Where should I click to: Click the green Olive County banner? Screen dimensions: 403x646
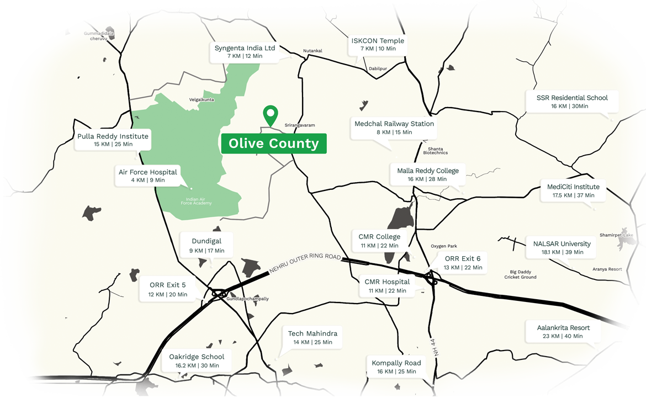[x=274, y=144]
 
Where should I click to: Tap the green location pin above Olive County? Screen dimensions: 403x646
[x=270, y=115]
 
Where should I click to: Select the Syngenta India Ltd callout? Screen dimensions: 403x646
[x=245, y=52]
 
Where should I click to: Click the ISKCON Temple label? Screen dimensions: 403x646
[x=378, y=44]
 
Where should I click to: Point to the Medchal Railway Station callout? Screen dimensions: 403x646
[x=394, y=128]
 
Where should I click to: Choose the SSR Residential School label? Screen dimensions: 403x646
[x=571, y=102]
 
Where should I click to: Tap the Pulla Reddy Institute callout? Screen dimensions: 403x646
[x=113, y=140]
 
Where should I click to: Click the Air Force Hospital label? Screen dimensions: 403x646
[x=148, y=176]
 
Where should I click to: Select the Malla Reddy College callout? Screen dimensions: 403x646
[x=428, y=174]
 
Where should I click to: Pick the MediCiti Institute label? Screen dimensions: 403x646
[x=573, y=190]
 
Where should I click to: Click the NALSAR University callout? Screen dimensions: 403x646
[x=562, y=247]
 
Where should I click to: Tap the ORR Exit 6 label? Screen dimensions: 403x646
[x=463, y=262]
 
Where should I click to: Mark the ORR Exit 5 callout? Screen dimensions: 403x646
[x=168, y=289]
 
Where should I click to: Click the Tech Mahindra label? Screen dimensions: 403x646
[x=313, y=337]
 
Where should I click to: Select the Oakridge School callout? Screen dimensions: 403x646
[x=197, y=360]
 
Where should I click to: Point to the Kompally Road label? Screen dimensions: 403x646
[x=396, y=367]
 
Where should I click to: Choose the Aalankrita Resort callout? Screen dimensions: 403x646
[x=563, y=331]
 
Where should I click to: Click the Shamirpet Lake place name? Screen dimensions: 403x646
[x=616, y=235]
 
